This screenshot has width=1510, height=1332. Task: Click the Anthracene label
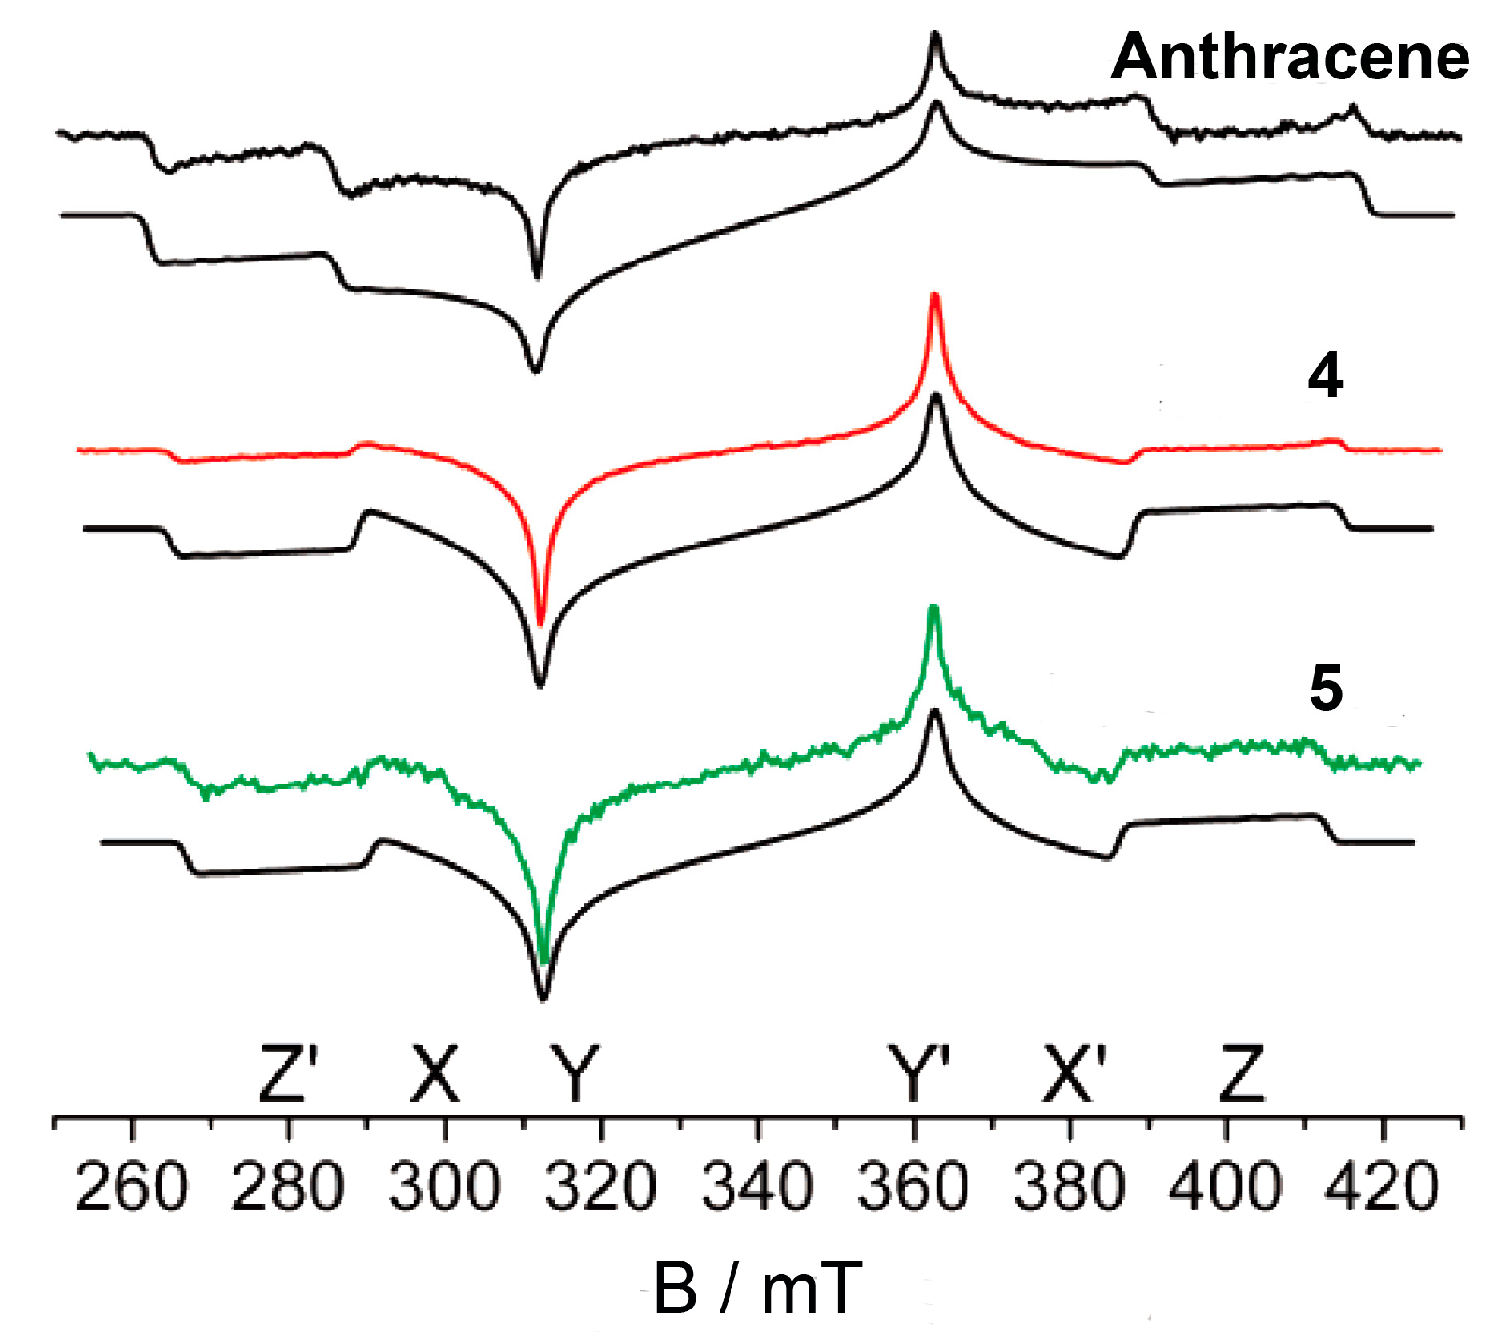[1290, 57]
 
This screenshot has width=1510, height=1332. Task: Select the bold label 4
[1325, 375]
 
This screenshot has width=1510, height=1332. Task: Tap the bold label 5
[1326, 688]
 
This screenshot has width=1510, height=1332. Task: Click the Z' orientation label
[288, 1073]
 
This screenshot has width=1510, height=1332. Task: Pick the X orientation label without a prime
[434, 1073]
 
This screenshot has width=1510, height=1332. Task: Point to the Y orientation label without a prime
[574, 1073]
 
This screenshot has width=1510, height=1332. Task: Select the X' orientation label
[1074, 1073]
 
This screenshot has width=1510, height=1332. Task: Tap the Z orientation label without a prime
[1242, 1073]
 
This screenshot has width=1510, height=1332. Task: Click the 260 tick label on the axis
[131, 1186]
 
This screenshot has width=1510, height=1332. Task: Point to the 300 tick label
[445, 1186]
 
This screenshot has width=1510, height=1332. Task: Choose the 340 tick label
[758, 1186]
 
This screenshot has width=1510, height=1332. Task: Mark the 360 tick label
[914, 1186]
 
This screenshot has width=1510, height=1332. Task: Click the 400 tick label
[1226, 1186]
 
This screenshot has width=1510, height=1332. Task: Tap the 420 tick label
[1382, 1186]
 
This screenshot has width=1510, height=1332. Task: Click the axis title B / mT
[757, 1287]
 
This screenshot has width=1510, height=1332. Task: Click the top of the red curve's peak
[934, 296]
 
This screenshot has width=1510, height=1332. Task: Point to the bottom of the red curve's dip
[541, 621]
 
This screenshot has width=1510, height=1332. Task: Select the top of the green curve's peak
[933, 609]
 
